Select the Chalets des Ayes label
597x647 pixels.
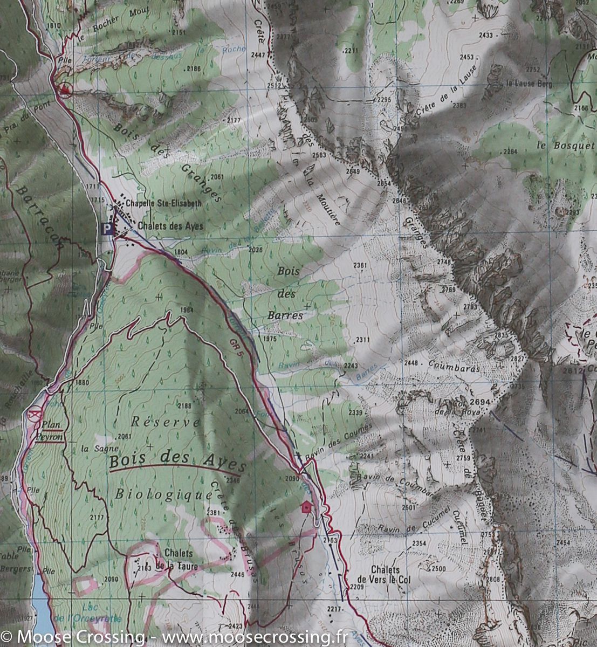(x=170, y=226)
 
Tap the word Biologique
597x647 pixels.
(x=164, y=494)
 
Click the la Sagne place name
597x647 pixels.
(x=92, y=449)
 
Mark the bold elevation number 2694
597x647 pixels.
(x=480, y=402)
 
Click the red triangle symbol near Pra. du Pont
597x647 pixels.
(x=66, y=89)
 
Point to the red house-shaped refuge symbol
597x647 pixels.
(x=306, y=507)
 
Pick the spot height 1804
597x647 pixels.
(x=181, y=252)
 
